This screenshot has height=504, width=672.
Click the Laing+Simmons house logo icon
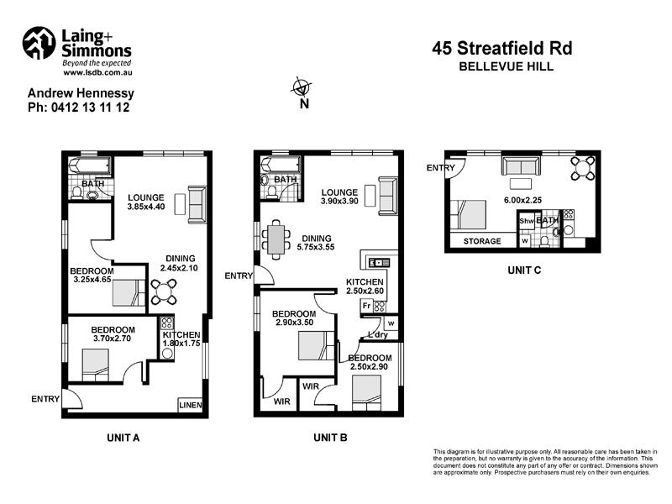click(x=39, y=45)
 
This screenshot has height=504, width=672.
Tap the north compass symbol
click(x=302, y=87)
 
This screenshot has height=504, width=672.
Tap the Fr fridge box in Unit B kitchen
click(x=367, y=306)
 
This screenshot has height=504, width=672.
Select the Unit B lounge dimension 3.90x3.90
click(x=340, y=202)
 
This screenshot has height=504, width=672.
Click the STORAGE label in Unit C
click(x=482, y=242)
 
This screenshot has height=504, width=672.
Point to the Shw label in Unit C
click(x=526, y=222)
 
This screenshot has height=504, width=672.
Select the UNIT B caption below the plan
click(x=330, y=438)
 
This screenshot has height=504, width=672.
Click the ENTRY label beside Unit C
click(x=441, y=168)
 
